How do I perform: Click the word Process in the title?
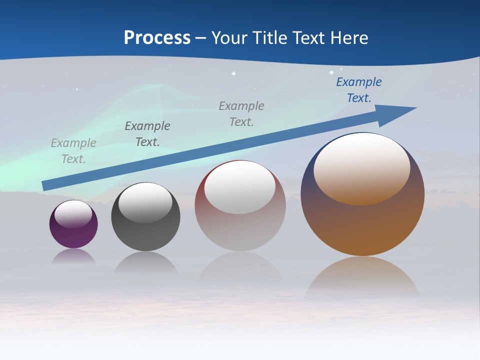(157, 37)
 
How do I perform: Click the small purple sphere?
(73, 235)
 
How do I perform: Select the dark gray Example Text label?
(147, 134)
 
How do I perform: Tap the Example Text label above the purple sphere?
(73, 151)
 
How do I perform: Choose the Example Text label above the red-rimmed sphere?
(241, 114)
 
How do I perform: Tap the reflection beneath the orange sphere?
(362, 277)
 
